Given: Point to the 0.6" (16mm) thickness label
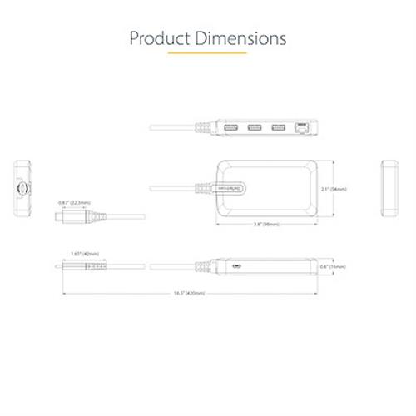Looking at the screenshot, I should [x=339, y=267].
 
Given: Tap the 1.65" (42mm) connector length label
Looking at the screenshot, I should [x=86, y=253].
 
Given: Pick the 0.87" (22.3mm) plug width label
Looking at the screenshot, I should [x=75, y=202].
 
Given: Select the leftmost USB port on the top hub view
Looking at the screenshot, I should [x=227, y=129].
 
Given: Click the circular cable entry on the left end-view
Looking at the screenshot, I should [x=25, y=190].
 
